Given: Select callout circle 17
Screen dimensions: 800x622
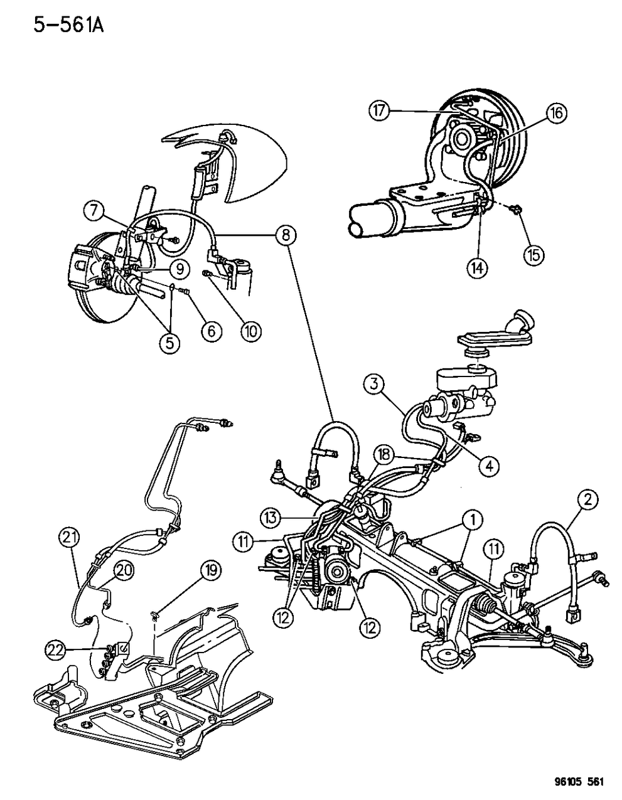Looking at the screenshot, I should [379, 110].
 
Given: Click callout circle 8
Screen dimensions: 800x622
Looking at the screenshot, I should [286, 235].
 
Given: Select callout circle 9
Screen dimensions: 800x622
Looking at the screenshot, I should [180, 269].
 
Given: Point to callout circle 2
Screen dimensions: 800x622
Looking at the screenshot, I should [588, 499].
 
